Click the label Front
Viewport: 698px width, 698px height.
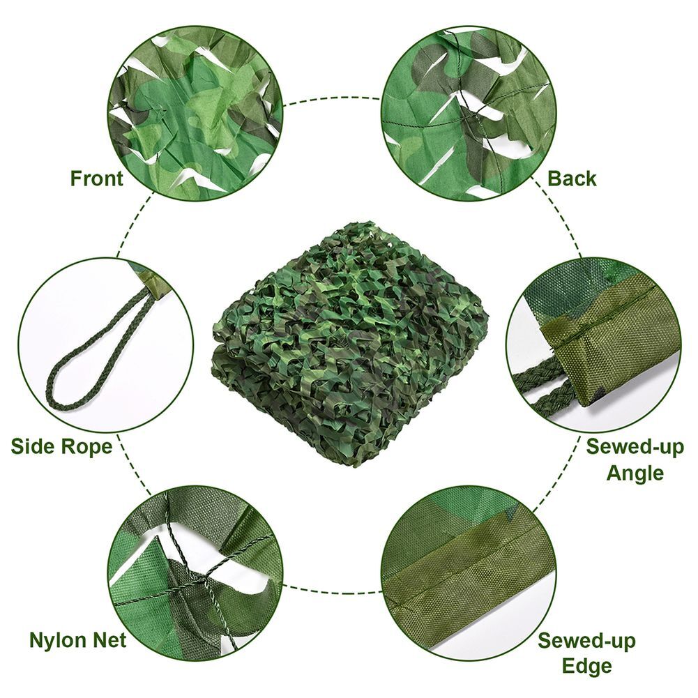pos(96,179)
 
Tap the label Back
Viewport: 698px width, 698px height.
pos(572,179)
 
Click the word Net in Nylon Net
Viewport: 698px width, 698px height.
pos(110,640)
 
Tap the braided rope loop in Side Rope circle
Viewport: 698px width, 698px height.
pos(84,363)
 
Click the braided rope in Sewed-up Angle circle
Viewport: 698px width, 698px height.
pos(544,387)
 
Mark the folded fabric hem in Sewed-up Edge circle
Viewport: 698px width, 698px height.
pos(460,565)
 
